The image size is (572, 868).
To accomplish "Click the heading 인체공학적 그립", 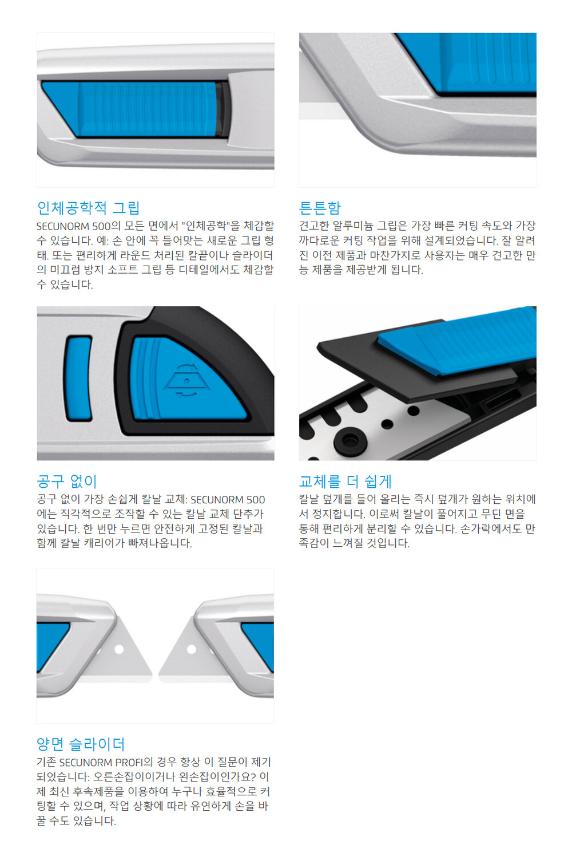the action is click(88, 208).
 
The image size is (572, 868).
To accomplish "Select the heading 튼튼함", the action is click(320, 208).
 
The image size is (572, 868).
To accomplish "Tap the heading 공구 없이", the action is click(66, 482).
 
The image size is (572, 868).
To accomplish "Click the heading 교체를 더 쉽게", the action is click(345, 482).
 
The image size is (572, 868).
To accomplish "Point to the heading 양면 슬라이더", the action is click(81, 744).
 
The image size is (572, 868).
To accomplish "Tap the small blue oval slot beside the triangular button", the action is click(78, 378).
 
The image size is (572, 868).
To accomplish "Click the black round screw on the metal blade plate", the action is click(350, 441).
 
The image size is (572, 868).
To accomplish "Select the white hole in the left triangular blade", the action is click(119, 649).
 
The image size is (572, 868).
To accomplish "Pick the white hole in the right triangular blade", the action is click(191, 649).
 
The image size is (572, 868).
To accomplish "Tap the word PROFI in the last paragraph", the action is click(129, 762).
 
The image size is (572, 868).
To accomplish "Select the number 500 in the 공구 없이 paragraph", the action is click(255, 499).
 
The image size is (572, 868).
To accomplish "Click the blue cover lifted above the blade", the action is click(456, 341).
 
